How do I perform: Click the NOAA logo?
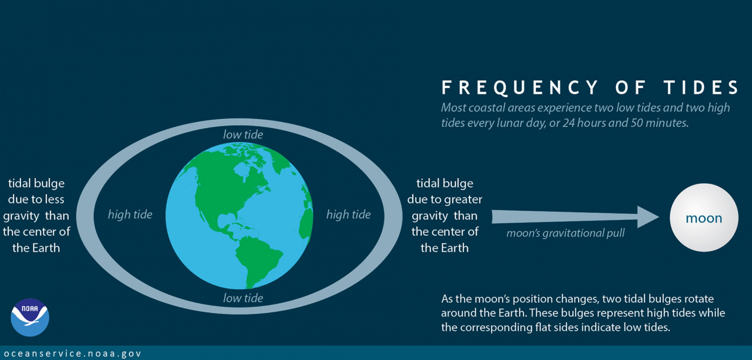coord(30,317)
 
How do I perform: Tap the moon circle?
coord(704,217)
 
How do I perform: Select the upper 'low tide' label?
coord(243,135)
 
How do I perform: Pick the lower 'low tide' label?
coord(243,298)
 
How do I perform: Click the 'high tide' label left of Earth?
coord(130,215)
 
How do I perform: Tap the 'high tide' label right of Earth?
coord(348,215)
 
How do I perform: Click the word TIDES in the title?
coord(701,88)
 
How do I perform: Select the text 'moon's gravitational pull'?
coord(565,233)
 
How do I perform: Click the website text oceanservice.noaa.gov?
coord(72,354)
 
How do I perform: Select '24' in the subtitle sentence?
coord(569,123)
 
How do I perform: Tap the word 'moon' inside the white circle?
coord(704,218)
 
